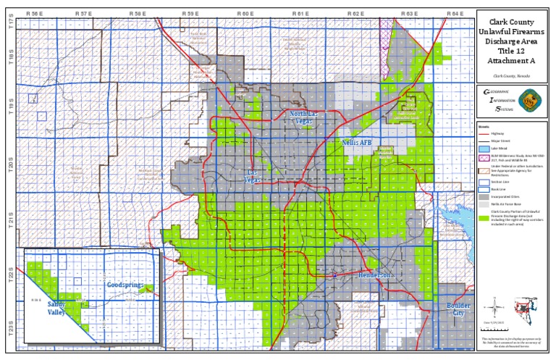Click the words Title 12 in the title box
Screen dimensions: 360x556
pos(512,51)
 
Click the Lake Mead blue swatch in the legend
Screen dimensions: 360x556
pos(484,147)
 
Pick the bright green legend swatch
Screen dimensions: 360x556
pos(484,217)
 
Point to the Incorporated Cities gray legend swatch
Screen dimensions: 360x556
pos(484,196)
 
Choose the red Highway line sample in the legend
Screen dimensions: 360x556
pos(484,133)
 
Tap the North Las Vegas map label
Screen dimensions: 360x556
pos(304,117)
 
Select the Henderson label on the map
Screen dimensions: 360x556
pos(375,276)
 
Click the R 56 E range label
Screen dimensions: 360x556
pos(33,14)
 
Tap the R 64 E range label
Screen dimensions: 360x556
pos(455,14)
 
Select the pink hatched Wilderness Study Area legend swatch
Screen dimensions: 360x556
pos(484,157)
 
